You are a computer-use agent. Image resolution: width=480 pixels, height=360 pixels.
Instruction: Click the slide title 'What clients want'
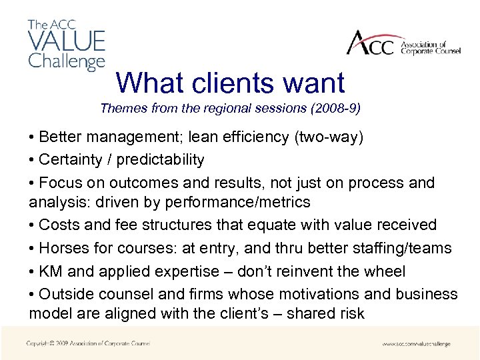[x=230, y=83]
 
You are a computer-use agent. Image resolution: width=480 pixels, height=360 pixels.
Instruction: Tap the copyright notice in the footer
[x=88, y=343]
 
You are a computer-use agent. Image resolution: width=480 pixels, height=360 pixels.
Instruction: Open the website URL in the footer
[x=416, y=344]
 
